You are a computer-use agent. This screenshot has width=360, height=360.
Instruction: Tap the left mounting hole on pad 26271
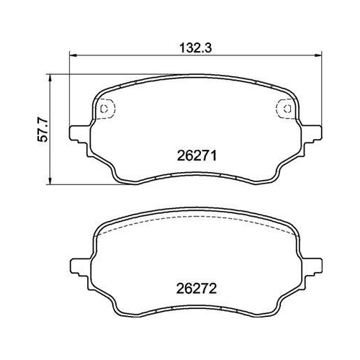tap(104, 109)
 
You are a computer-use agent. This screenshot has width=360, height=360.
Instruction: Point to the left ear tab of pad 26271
tap(74, 133)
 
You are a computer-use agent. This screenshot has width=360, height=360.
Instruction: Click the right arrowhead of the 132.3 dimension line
tap(316, 55)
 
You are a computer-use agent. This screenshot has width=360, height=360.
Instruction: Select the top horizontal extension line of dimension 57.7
tap(72, 72)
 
